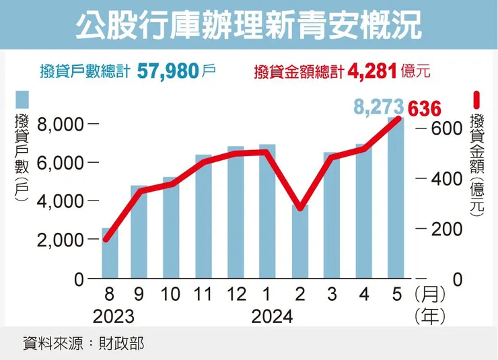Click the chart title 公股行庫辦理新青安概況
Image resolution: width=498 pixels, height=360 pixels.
[x=248, y=26]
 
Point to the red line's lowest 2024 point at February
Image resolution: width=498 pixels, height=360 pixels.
[x=300, y=209]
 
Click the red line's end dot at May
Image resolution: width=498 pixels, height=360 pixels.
[x=398, y=119]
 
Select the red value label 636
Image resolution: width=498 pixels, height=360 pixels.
[x=424, y=108]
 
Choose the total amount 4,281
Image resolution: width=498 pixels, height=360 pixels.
[x=370, y=70]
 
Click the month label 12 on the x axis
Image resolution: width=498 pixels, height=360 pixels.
[x=236, y=294]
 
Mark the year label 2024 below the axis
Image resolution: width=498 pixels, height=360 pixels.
[x=272, y=316]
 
